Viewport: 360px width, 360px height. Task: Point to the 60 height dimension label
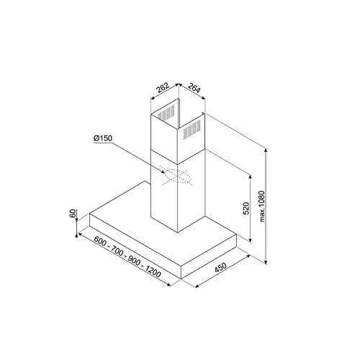[x=72, y=215]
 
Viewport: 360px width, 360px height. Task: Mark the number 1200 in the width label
[x=151, y=271]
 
